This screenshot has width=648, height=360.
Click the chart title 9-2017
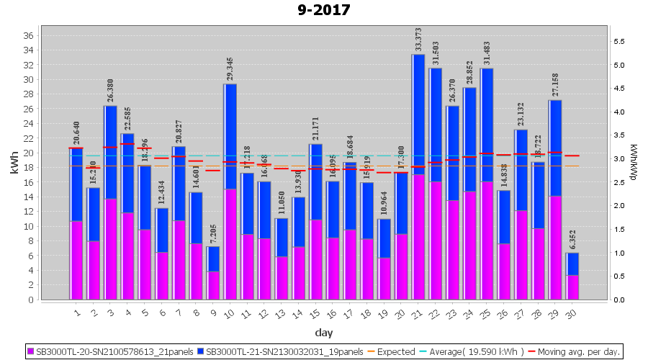point(324,10)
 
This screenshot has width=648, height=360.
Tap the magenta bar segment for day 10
point(230,244)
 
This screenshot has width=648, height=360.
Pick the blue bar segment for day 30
point(572,264)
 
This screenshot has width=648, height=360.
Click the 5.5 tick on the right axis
point(618,42)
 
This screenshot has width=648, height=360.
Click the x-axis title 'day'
point(324,332)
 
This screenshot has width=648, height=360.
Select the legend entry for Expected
point(389,352)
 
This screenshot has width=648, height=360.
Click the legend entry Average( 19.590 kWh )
point(478,352)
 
